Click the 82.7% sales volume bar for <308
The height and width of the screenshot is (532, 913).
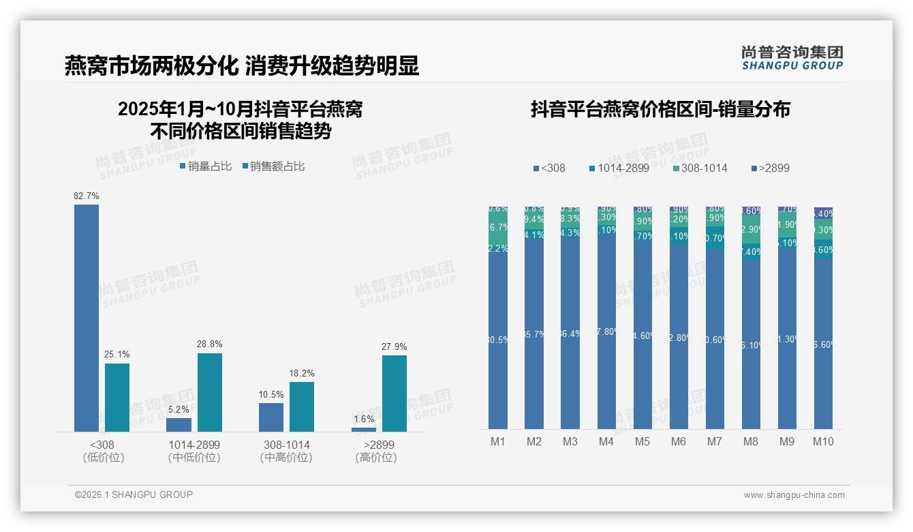tap(87, 318)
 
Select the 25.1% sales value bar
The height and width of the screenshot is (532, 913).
tap(117, 397)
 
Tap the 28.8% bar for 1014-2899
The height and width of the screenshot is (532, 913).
tap(210, 392)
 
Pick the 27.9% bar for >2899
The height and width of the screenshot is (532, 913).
tap(394, 393)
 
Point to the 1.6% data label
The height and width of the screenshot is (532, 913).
tap(364, 419)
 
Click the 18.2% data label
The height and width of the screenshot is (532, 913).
tap(302, 373)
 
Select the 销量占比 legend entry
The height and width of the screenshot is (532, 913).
tap(206, 166)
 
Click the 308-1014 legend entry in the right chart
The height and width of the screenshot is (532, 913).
tap(700, 168)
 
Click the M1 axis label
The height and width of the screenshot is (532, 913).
tap(498, 441)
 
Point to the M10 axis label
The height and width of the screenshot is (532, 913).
tap(823, 441)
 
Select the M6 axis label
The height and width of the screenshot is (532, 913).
tap(679, 441)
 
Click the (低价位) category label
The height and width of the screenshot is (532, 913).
tap(102, 458)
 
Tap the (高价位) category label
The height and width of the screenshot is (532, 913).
tap(375, 458)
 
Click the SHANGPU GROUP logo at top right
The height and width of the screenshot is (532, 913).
tap(792, 58)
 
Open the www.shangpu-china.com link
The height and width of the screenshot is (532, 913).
tap(794, 495)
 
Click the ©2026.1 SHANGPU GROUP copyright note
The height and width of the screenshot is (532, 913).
tap(134, 494)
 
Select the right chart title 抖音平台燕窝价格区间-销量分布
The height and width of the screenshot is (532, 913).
tap(660, 110)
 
